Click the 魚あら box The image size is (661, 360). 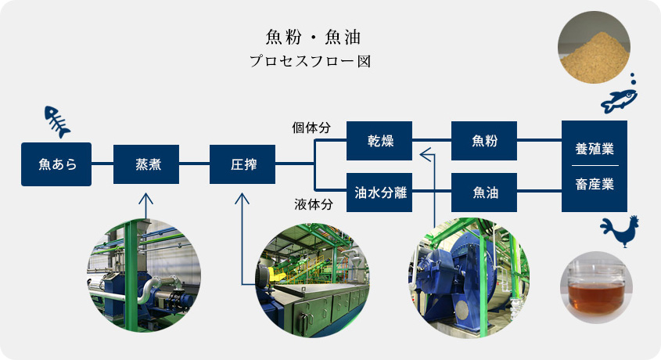click(56, 164)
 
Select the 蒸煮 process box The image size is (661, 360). click(146, 164)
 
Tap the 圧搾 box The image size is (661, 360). click(242, 164)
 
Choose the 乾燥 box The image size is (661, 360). click(379, 141)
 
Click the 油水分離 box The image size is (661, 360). click(379, 193)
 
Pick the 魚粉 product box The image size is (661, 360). click(484, 141)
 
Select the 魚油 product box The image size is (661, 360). click(484, 193)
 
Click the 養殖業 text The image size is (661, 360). click(595, 149)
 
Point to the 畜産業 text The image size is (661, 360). click(595, 184)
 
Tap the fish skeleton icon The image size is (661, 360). click(57, 122)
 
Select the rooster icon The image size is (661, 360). click(620, 231)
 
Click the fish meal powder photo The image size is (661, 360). click(594, 47)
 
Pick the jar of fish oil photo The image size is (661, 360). click(596, 287)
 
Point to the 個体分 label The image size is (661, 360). click(311, 128)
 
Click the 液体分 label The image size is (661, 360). click(314, 204)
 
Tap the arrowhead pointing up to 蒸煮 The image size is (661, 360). click(145, 199)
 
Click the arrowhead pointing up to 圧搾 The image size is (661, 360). click(242, 199)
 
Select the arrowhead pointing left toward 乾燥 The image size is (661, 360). click(426, 155)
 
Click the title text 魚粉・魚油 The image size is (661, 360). click(313, 37)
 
